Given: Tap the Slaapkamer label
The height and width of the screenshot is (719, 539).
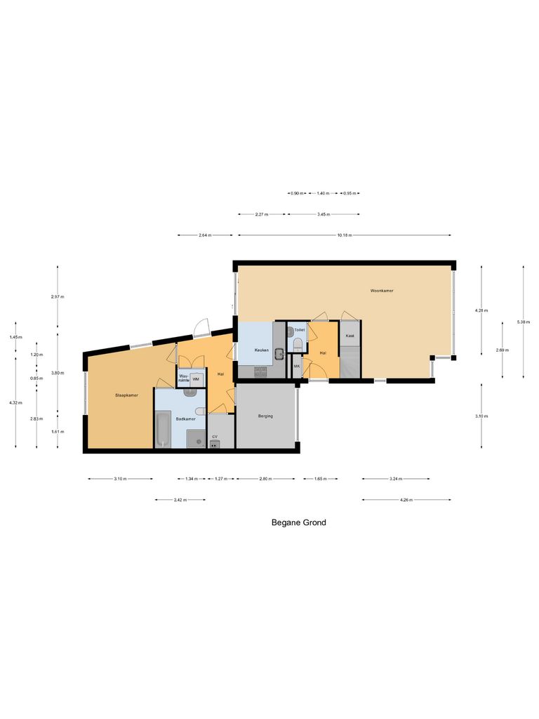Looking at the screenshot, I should point(126,395).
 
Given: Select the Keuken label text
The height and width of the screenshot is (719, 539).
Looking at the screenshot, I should point(252,349).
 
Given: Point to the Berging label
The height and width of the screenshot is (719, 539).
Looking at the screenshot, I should point(265,416).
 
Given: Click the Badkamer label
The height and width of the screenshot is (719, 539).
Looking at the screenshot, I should point(185,418).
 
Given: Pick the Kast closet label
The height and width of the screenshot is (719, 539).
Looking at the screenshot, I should point(350,336).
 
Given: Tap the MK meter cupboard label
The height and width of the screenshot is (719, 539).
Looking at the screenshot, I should point(297,367).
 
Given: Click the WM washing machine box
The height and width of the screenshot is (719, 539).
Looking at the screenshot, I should point(196,379).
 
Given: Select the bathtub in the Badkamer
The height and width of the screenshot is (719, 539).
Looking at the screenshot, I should point(162,429).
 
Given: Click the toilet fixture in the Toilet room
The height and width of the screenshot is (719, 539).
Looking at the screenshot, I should point(298,344).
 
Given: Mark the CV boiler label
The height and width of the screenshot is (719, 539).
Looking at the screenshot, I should point(215,437).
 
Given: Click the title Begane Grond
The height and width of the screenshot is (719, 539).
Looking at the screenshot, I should point(298,522).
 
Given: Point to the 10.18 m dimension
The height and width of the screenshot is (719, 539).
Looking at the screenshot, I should point(344,235).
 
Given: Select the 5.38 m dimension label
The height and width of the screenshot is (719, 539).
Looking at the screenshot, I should point(524,322).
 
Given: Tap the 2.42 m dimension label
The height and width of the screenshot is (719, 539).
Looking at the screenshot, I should point(180,500).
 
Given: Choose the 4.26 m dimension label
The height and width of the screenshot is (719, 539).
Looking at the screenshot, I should point(406,500).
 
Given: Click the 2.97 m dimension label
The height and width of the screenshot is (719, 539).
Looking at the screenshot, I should point(58,297).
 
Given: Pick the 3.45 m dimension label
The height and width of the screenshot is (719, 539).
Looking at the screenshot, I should point(324,214).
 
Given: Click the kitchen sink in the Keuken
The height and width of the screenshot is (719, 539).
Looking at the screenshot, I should point(279,354).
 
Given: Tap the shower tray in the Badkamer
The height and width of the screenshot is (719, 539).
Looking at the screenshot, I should point(194,439).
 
